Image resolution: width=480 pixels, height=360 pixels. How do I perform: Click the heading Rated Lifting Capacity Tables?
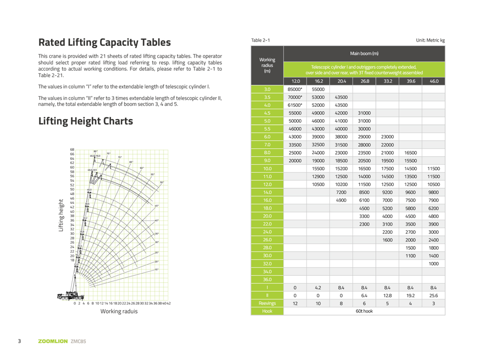point(105,43)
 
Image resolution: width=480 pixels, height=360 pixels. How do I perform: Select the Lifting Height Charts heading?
point(85,121)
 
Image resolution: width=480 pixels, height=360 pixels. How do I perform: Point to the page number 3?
point(19,341)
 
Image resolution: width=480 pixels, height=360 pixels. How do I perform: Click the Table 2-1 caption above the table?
point(261,40)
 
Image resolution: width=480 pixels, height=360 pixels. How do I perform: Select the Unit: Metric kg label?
point(430,40)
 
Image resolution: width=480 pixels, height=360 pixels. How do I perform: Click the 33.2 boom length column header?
point(387,81)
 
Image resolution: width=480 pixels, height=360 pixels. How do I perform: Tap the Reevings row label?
point(267,303)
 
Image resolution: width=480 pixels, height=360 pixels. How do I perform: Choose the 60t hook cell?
point(364,311)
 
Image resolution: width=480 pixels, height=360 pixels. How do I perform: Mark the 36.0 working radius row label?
point(267,279)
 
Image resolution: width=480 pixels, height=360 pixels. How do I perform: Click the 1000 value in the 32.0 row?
point(434,263)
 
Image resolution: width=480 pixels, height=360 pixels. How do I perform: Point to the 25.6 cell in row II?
point(434,295)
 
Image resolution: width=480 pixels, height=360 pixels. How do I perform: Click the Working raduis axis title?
point(119,311)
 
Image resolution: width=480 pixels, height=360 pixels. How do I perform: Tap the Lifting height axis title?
point(61,216)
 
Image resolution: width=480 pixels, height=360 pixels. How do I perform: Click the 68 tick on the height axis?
point(72,150)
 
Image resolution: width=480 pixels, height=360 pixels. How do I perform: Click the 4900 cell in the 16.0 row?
point(341,200)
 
